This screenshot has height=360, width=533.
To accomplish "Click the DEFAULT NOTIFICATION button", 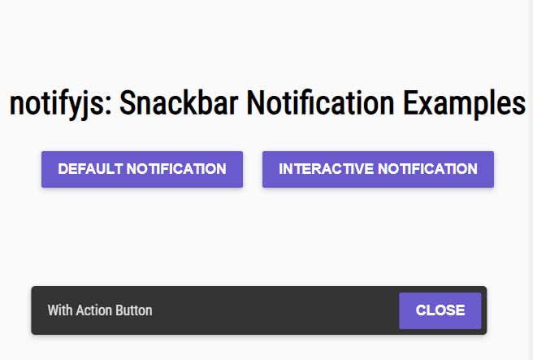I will point(142,169).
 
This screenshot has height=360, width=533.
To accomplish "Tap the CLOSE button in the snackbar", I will point(440,310).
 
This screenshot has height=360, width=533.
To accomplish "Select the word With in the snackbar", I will point(59,310).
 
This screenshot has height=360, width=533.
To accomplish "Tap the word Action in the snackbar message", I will point(94,310).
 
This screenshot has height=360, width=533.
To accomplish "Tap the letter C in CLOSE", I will point(421,310).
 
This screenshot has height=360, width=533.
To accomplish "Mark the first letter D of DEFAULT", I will point(63,169).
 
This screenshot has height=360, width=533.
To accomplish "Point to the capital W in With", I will point(53,310).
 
